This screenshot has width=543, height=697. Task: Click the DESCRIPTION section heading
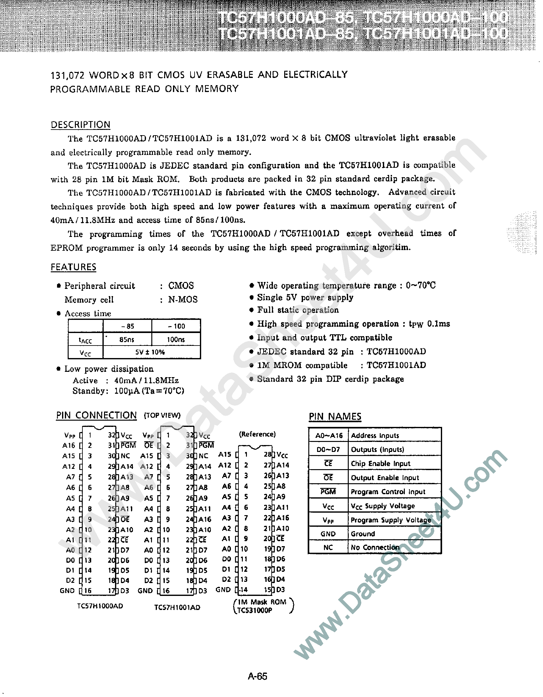pos(81,125)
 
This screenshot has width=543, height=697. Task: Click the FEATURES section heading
pos(73,267)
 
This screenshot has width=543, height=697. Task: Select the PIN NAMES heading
pos(335,417)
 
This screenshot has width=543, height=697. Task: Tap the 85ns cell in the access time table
pos(127,340)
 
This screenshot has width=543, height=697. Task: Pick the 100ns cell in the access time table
pos(176,340)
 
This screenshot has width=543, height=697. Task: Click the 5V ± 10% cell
pos(150,352)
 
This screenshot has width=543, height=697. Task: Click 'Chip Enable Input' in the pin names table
pos(380,464)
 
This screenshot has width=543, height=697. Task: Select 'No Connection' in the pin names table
pos(375,547)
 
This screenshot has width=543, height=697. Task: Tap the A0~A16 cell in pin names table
pos(329,436)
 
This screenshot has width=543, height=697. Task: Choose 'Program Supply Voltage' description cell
pos(391,520)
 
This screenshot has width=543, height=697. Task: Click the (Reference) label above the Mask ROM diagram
pos(258,434)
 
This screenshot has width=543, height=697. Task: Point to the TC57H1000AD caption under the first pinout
pos(100,606)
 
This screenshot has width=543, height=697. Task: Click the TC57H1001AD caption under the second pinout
pos(177,607)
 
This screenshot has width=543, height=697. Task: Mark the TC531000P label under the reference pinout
pos(255,610)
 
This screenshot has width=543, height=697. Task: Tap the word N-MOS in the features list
pos(183,300)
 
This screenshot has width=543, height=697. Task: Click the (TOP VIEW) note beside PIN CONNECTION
pos(162,415)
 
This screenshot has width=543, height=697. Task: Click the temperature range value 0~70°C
pos(421,285)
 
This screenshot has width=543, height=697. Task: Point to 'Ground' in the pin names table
pos(363,534)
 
